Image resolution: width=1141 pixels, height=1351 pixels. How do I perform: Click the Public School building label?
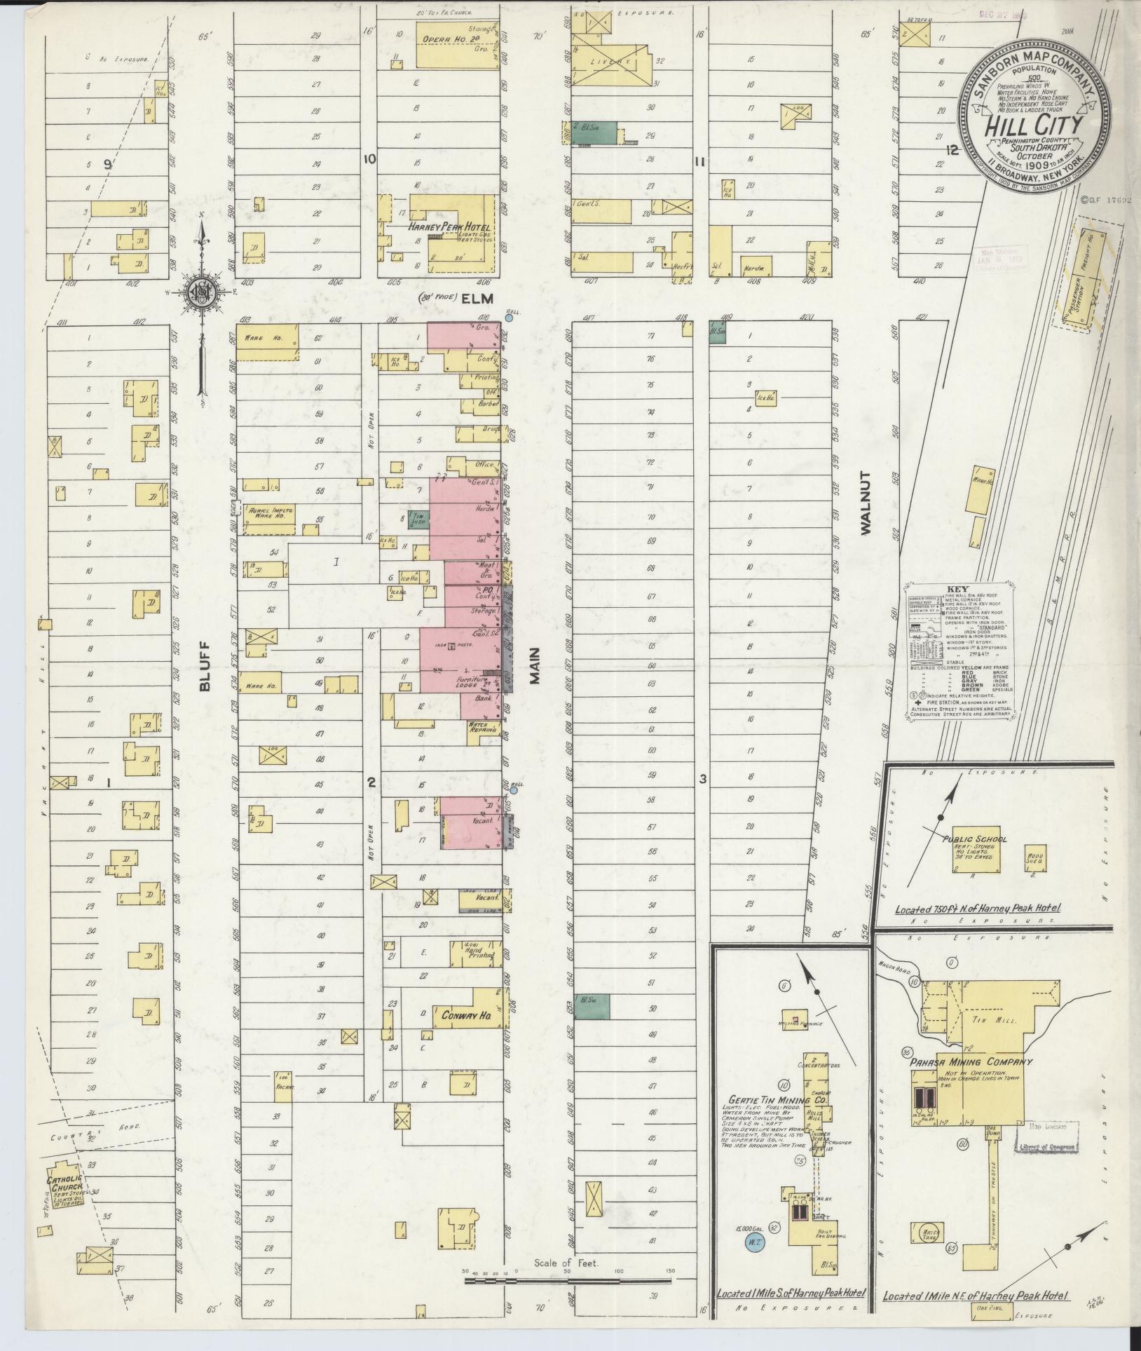click(975, 839)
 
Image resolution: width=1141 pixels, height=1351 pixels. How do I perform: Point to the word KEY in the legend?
click(957, 590)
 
